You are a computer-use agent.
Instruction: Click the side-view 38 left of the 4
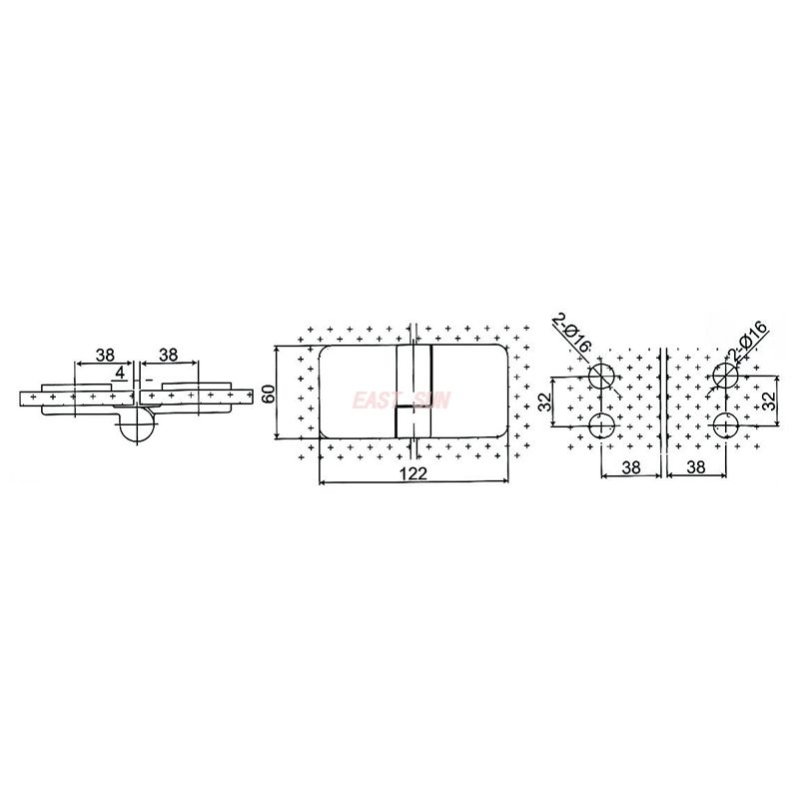104,355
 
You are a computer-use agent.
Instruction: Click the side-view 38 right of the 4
168,355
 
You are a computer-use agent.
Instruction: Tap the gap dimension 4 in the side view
120,373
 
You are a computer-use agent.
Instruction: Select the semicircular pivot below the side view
136,426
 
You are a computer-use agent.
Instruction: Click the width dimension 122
412,474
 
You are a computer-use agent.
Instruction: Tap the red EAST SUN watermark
401,400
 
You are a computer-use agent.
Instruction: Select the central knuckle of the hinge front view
413,392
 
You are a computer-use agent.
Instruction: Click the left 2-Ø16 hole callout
573,333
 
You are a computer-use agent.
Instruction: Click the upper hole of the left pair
602,377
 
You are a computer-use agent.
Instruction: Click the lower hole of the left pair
602,426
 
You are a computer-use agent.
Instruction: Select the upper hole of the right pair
726,377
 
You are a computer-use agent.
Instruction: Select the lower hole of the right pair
726,426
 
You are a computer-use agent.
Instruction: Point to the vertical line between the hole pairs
664,409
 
